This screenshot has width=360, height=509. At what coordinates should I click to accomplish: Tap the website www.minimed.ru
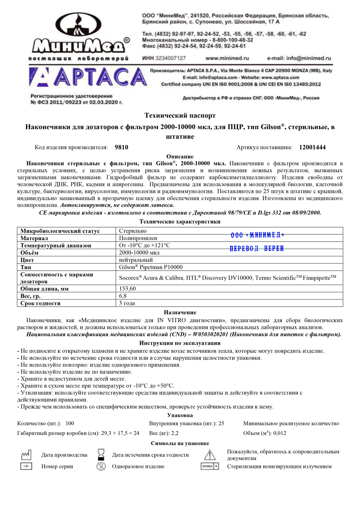coord(227,58)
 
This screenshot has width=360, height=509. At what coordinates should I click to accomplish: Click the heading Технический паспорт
coord(180,116)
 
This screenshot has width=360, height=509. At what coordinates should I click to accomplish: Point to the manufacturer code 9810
coord(121,147)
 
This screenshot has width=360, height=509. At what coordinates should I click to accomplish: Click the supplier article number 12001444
coord(312,147)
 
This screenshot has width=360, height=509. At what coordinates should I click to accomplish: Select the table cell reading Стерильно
coord(133,231)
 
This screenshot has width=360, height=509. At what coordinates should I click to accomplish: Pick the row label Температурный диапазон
coord(56,246)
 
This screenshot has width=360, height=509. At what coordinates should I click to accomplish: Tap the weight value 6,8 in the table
coord(123,296)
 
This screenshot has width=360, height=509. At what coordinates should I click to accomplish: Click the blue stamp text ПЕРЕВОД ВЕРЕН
coord(257,248)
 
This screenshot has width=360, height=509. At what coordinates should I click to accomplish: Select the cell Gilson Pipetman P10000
coord(151,267)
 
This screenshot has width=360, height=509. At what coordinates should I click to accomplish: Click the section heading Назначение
coord(180,312)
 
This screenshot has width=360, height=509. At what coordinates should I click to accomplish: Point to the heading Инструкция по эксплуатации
coord(180,343)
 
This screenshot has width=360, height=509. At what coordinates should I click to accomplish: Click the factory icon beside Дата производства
coord(26,455)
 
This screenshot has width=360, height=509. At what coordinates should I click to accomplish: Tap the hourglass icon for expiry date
coord(101,455)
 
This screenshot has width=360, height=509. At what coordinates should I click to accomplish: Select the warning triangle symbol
coord(210,455)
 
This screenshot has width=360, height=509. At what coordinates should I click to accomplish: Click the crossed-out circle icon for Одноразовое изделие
coord(101,467)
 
